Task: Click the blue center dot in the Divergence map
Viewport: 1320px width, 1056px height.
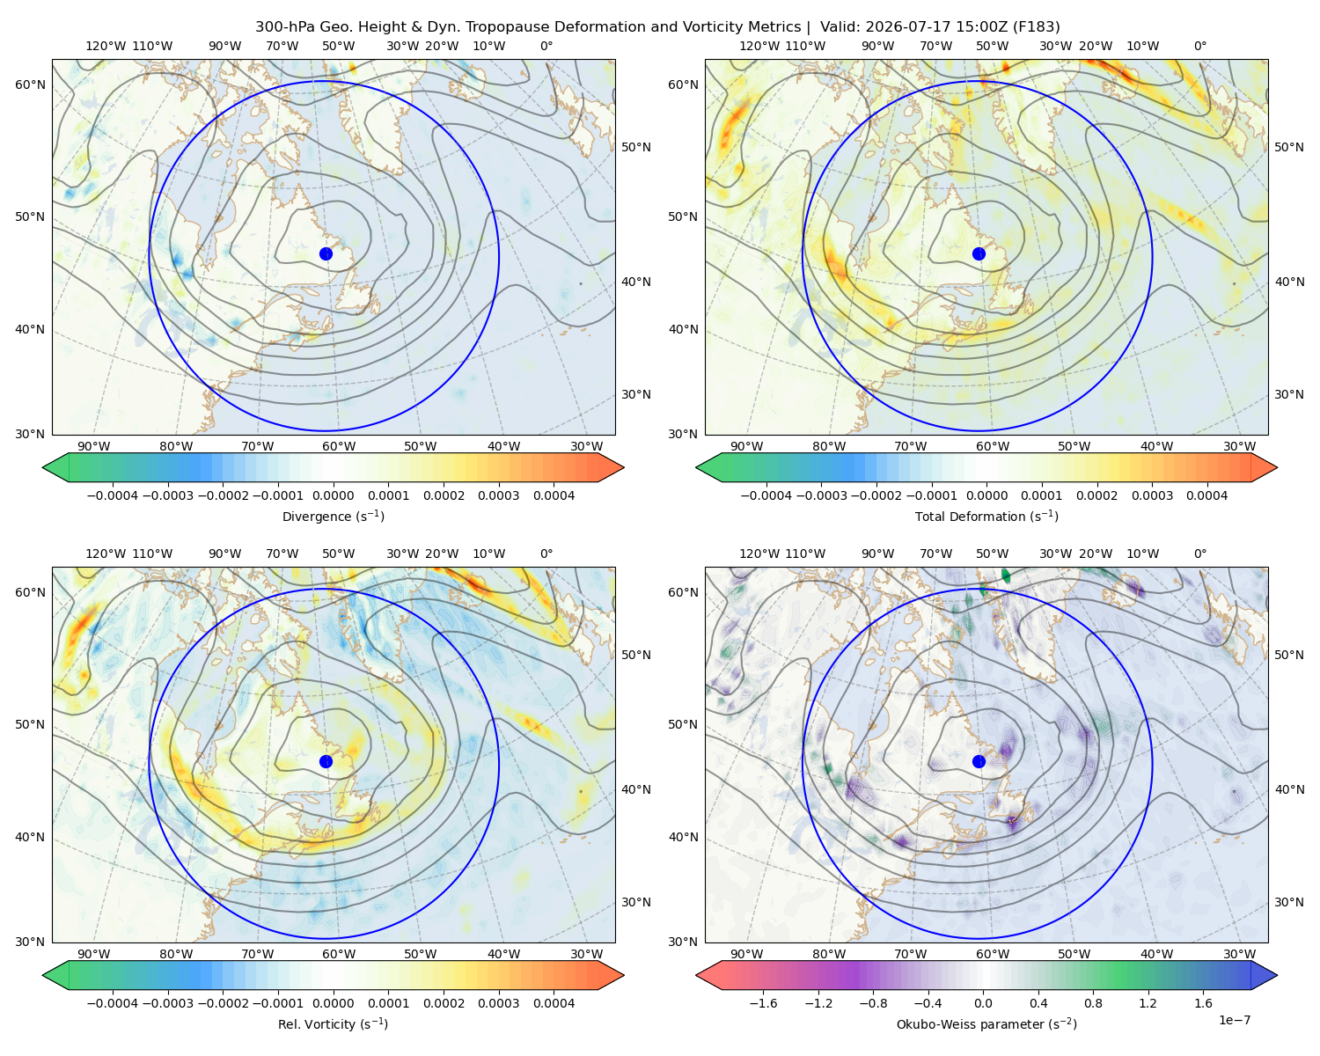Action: (326, 253)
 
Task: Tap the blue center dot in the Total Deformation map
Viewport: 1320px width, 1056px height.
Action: (979, 253)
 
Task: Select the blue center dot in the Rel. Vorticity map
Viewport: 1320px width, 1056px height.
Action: (326, 761)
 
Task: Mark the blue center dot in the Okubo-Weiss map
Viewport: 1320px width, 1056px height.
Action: (979, 761)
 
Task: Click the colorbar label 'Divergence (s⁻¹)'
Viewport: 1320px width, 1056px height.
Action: (333, 516)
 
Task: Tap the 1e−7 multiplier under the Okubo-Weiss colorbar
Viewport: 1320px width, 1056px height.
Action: (1234, 1020)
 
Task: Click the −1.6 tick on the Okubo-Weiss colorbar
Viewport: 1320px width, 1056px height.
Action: (763, 1002)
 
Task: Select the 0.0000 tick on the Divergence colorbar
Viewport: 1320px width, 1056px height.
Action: (333, 495)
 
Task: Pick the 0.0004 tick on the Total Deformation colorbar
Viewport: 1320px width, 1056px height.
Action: (1206, 495)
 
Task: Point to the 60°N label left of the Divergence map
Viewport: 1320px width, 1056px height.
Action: (30, 84)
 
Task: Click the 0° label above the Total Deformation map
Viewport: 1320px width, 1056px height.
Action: (1199, 46)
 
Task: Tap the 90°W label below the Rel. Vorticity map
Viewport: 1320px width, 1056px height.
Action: (94, 954)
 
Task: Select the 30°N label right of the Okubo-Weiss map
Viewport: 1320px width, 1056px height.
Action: (1289, 901)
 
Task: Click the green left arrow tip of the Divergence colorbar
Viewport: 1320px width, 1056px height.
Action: (42, 467)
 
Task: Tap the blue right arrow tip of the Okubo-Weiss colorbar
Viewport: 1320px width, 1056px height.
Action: (1277, 975)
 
